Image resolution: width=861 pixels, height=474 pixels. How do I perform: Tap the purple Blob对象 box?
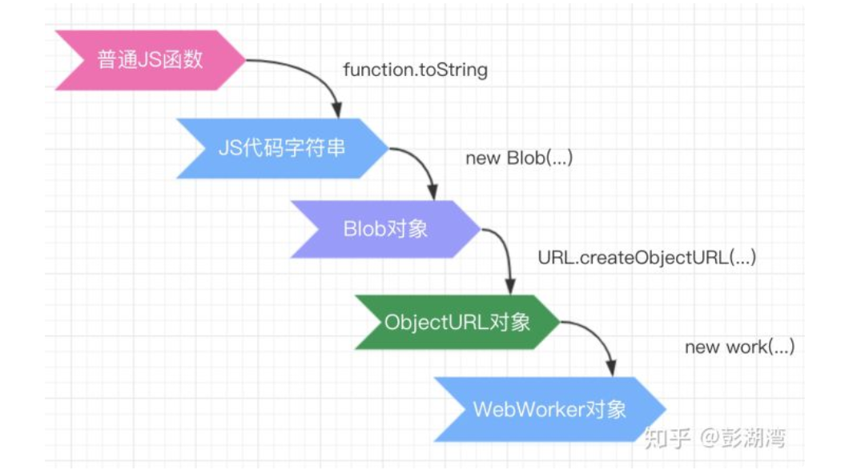[385, 229]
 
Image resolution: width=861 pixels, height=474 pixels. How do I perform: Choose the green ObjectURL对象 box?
[457, 322]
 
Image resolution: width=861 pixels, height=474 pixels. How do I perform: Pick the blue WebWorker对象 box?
[549, 409]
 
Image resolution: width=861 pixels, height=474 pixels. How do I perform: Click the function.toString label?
[415, 70]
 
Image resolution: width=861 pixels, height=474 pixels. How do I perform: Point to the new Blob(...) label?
[519, 159]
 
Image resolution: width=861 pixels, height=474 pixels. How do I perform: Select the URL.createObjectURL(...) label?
[647, 258]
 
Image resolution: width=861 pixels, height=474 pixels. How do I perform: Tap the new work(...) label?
[739, 347]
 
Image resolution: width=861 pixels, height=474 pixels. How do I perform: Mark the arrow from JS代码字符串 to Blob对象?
[420, 164]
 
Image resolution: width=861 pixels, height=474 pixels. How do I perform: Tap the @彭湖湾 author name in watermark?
[742, 438]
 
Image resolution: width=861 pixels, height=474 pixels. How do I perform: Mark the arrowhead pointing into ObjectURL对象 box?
[509, 286]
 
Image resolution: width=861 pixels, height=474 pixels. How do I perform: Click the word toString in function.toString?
[455, 70]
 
